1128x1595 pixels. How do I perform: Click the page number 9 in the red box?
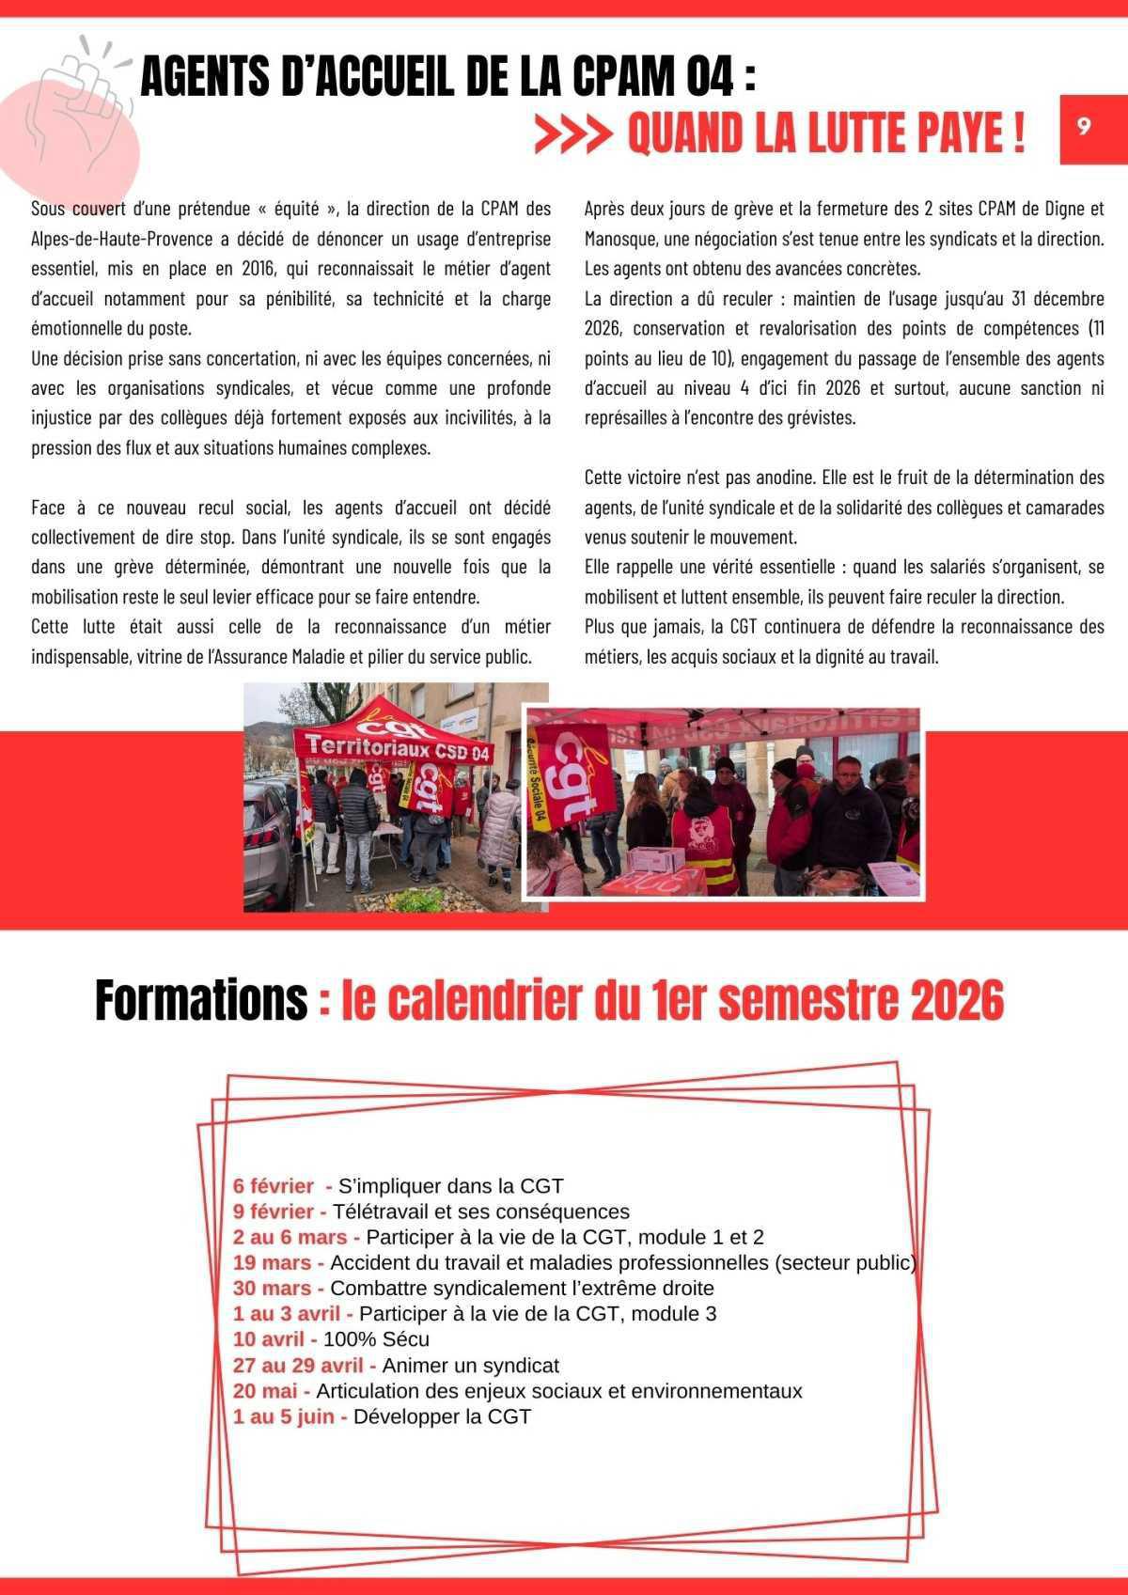(1083, 128)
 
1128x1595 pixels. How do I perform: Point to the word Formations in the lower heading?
(200, 1001)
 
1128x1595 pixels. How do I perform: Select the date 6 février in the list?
(274, 1186)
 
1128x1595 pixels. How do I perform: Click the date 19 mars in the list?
(273, 1262)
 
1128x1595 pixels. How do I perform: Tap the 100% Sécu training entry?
(376, 1339)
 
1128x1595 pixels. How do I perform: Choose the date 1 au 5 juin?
(284, 1416)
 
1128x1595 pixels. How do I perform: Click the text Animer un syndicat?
(470, 1365)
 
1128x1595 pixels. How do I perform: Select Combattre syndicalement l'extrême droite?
(522, 1289)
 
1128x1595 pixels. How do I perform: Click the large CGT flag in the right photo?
(573, 771)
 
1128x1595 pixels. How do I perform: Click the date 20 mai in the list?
(265, 1391)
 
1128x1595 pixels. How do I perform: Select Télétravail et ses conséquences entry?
(480, 1212)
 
